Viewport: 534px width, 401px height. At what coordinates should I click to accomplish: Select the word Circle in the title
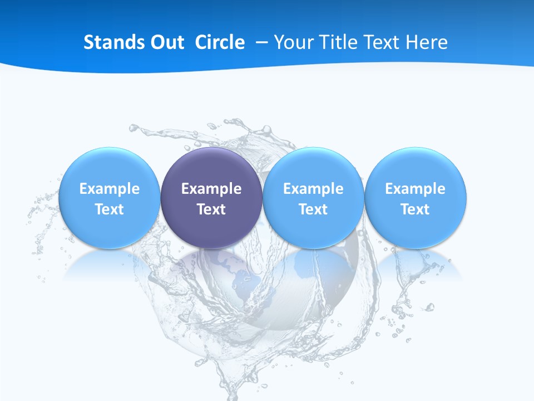220,42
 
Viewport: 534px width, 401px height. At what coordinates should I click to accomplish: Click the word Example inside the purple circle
211,189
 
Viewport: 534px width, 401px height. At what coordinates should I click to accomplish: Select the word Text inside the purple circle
211,209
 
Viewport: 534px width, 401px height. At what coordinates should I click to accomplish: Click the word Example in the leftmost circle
110,189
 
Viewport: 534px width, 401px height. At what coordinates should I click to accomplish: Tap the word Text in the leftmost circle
110,209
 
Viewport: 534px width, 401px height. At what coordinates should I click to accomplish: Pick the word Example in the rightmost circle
416,189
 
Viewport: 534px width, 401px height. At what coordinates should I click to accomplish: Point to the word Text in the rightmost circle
416,209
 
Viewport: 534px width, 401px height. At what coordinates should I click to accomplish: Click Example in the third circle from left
313,189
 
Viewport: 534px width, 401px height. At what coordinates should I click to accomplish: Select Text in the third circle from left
313,209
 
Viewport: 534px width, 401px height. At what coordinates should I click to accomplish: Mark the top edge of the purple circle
211,148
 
